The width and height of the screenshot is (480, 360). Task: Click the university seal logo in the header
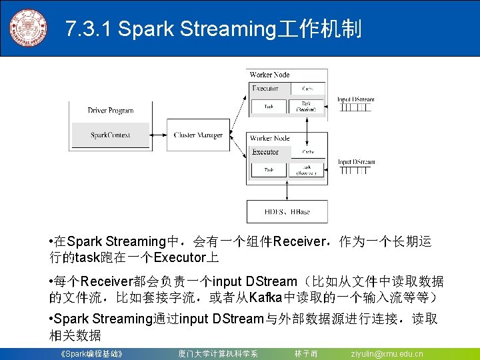28,28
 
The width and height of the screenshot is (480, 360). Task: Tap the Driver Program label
110,111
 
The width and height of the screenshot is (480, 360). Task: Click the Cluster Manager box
198,135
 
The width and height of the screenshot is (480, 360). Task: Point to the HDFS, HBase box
287,212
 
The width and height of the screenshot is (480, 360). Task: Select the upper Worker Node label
269,75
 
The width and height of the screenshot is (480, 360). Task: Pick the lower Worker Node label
269,138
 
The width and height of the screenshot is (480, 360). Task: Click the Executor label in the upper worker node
265,88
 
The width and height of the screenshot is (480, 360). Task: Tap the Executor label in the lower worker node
265,152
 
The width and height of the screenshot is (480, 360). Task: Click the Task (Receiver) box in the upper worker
306,107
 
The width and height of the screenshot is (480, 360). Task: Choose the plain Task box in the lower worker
268,171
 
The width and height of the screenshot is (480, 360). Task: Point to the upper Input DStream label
355,100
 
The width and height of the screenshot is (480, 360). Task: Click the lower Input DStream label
355,162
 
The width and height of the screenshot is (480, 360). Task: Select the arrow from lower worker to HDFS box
287,191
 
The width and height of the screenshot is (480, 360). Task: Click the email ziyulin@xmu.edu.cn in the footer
387,353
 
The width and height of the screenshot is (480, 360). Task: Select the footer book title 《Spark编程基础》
91,353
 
